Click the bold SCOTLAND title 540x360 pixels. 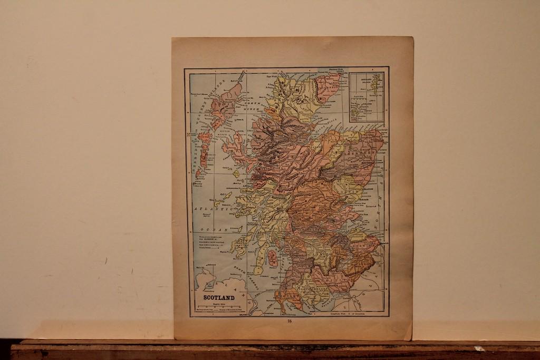[x=218, y=298]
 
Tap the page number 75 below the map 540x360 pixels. [x=290, y=321]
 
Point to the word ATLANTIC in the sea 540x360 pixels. [x=214, y=209]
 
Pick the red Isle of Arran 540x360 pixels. [x=273, y=258]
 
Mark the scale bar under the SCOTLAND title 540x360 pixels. [x=218, y=307]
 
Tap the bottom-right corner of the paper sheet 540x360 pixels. [x=411, y=338]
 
